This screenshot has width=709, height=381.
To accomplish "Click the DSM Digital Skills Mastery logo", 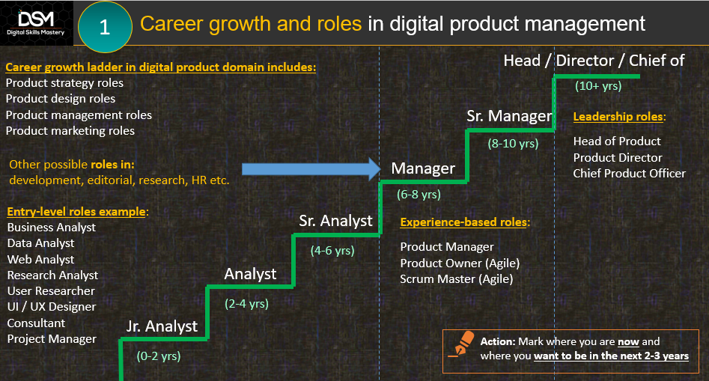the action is pos(36,23).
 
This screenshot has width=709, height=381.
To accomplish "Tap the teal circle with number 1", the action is pos(105,27).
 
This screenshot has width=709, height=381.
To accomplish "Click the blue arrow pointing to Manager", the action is pos(311,169).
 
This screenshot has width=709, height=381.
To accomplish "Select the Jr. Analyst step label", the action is pos(162,326).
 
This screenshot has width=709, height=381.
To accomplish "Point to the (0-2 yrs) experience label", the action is pos(159,356).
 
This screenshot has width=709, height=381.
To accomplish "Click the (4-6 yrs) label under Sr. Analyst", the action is pos(332,251).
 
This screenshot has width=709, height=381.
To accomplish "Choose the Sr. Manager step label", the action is pos(509,116).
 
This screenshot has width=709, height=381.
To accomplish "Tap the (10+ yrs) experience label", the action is pos(598,86).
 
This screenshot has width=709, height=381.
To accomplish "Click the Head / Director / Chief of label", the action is pos(594,61).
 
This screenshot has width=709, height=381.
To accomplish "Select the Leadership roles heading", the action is pos(619,117).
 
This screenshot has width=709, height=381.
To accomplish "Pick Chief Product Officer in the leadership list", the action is pos(630,174).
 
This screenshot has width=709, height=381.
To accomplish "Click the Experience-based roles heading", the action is pos(465,222).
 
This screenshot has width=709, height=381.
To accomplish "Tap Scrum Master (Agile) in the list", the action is pos(457,279).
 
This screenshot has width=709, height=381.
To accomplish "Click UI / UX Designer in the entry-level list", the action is pos(52,307).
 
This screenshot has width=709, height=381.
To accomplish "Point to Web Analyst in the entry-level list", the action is pos(40,260).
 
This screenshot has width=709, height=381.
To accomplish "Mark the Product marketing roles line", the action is pos(70,131).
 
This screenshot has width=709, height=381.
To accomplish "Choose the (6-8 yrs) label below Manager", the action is pos(419,195).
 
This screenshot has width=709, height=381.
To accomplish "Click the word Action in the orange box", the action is pos(498,341).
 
